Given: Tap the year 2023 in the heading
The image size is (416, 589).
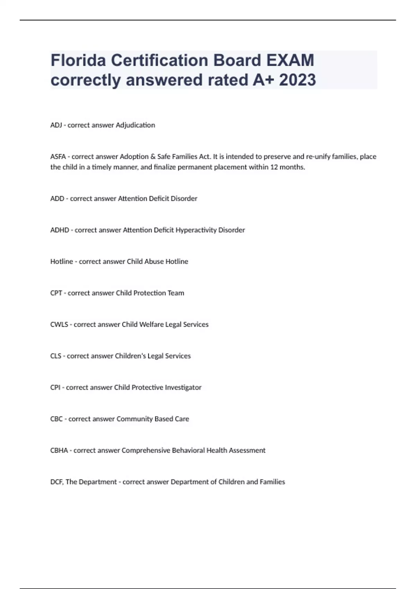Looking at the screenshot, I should (297, 80).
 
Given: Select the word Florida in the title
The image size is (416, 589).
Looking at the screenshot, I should (78, 60).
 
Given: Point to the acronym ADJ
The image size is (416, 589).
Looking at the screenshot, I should (56, 125).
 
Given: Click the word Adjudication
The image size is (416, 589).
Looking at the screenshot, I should (135, 125).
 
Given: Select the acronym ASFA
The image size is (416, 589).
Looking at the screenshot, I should (58, 157).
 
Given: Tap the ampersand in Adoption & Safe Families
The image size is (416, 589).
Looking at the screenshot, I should (153, 157).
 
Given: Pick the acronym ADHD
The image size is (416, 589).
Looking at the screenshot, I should (59, 230).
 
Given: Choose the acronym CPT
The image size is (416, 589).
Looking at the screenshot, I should (56, 293).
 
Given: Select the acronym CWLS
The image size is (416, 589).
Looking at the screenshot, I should (59, 325).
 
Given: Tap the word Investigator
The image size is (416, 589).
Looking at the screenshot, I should (183, 387).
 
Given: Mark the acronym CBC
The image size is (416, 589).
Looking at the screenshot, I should (56, 419).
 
